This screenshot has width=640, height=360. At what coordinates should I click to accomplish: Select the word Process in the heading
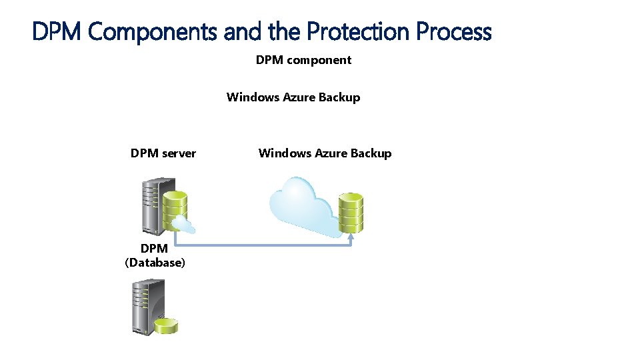click(x=454, y=31)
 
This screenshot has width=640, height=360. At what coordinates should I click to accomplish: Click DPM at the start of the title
click(x=58, y=31)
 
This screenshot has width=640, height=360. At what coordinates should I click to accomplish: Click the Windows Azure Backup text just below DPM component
click(x=293, y=97)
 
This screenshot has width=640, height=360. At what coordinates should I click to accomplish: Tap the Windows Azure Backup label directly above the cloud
click(x=325, y=153)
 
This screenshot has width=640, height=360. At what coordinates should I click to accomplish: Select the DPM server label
click(x=163, y=153)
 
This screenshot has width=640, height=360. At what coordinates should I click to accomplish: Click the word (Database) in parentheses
click(x=155, y=263)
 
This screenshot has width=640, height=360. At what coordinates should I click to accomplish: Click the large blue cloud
click(x=300, y=207)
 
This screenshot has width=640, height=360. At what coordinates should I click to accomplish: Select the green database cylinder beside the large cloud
click(x=351, y=211)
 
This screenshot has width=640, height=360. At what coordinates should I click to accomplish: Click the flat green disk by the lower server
click(x=166, y=325)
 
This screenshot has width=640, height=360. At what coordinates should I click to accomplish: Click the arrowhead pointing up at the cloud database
click(x=351, y=237)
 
